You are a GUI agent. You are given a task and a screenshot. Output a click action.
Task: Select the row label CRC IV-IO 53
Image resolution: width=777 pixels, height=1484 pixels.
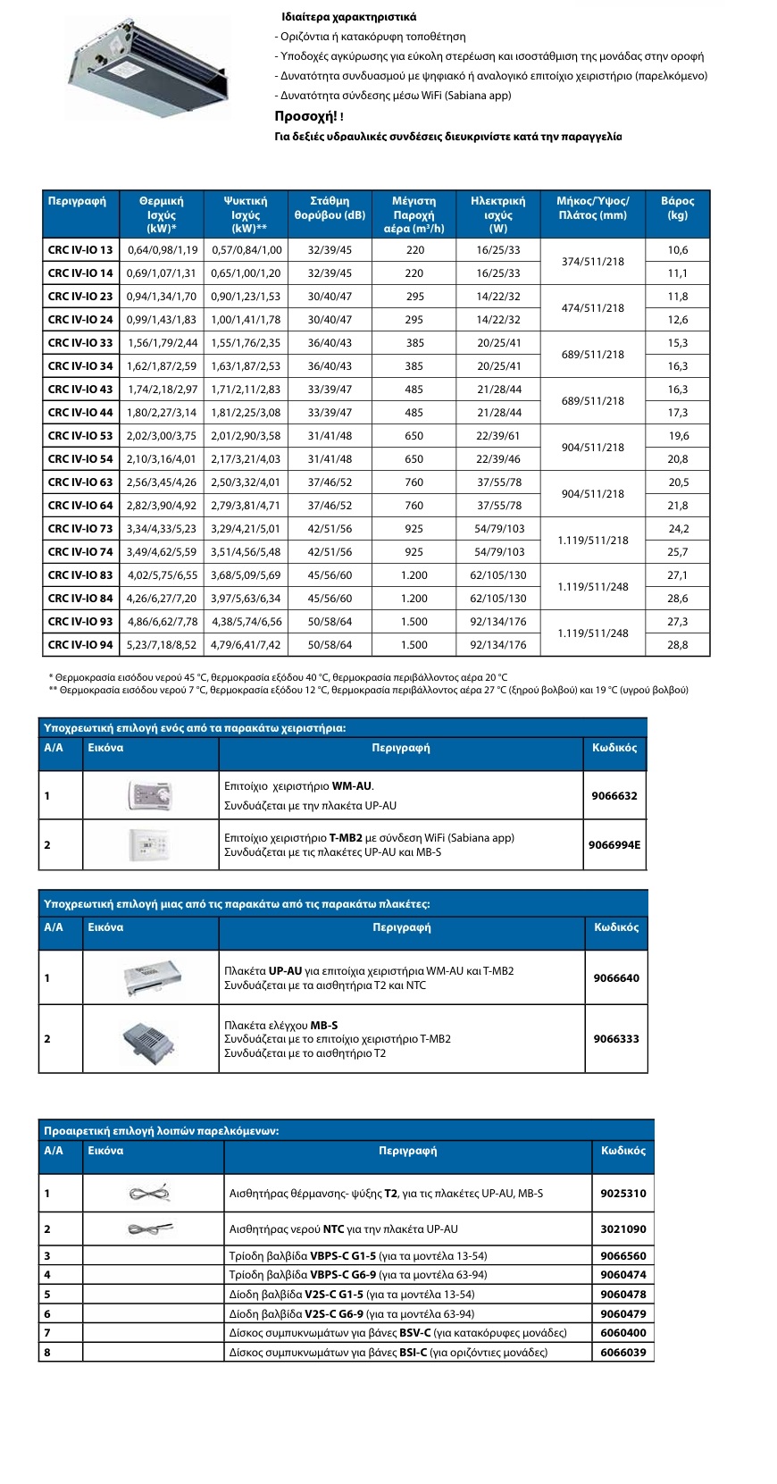pos(80,436)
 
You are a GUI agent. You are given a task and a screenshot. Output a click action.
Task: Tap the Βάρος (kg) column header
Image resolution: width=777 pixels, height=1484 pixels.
pos(677,208)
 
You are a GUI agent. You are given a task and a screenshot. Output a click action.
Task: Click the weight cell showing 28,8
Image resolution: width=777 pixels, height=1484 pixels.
pos(677,645)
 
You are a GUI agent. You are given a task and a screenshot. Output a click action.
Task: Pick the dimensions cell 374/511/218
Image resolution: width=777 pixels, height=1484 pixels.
pos(592,262)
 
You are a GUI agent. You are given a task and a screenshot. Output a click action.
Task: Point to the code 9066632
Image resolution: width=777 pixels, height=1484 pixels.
pos(614,796)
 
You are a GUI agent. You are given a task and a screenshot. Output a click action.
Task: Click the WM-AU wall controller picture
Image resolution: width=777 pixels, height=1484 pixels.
pos(150,795)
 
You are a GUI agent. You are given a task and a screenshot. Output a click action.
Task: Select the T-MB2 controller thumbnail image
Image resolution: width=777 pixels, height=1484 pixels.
pos(149,844)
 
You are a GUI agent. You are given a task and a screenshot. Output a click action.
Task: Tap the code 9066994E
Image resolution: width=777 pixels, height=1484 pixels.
pos(614,845)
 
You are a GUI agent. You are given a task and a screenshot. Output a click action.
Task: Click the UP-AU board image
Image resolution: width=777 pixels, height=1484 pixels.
pos(152,977)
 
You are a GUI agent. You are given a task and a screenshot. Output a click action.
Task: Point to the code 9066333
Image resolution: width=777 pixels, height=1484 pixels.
pos(616,1039)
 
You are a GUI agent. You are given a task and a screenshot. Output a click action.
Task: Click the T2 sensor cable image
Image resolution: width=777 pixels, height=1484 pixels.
pos(149,1193)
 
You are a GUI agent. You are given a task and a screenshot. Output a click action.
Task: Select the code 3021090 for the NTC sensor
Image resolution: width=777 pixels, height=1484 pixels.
pos(622,1229)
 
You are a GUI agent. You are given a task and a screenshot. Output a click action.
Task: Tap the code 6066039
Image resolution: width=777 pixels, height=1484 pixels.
pos(622,1353)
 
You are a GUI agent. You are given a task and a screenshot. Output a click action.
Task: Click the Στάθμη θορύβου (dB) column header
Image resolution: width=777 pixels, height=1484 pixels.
pos(330,208)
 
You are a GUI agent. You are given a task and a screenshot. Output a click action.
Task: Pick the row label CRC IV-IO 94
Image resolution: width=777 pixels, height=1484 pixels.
pos(80,645)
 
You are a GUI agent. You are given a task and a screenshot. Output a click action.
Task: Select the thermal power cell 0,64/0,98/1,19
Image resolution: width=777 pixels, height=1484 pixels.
pos(163,250)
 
